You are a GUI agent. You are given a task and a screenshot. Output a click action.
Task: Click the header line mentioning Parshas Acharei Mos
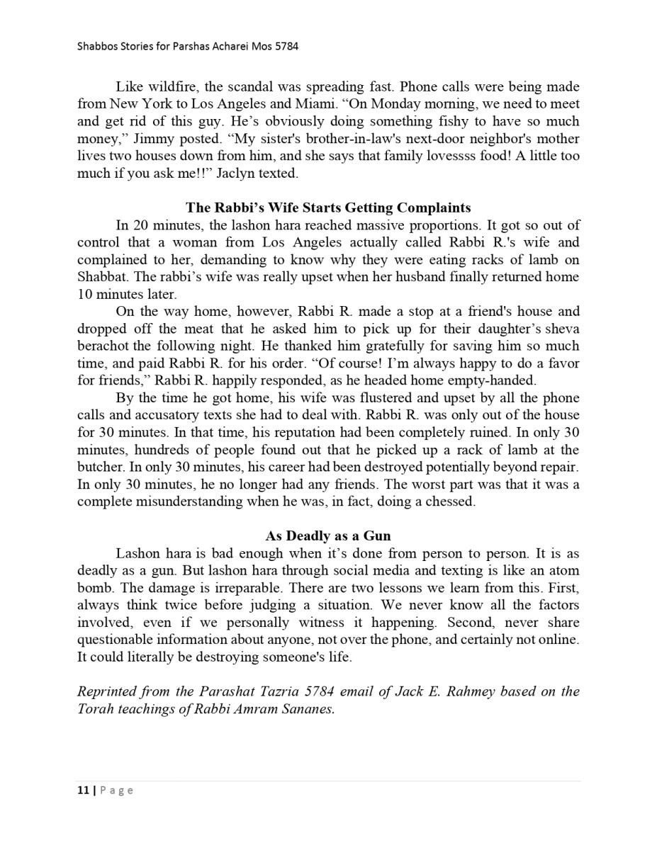click(x=188, y=47)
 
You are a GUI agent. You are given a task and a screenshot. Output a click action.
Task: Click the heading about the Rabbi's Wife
click(x=328, y=208)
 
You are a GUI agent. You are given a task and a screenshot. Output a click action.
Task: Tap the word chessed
click(x=448, y=501)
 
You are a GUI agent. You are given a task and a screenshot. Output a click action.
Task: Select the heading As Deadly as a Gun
click(x=328, y=536)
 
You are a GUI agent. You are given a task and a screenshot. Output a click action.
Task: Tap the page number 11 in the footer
click(x=82, y=790)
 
